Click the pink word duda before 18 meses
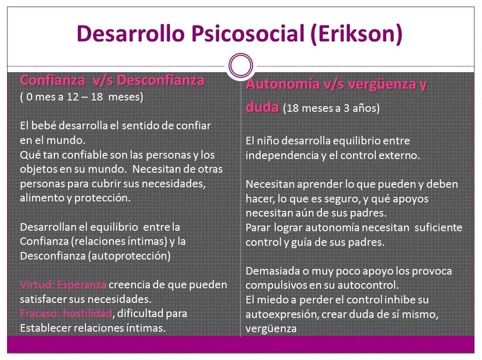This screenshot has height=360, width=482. (x=262, y=107)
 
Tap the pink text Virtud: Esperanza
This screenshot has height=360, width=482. (x=63, y=285)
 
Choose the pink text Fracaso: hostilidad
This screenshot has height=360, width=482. (x=66, y=313)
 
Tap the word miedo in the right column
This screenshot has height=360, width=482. (x=271, y=300)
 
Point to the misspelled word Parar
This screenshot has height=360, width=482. (x=258, y=228)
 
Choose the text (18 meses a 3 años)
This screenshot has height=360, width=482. (x=331, y=109)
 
